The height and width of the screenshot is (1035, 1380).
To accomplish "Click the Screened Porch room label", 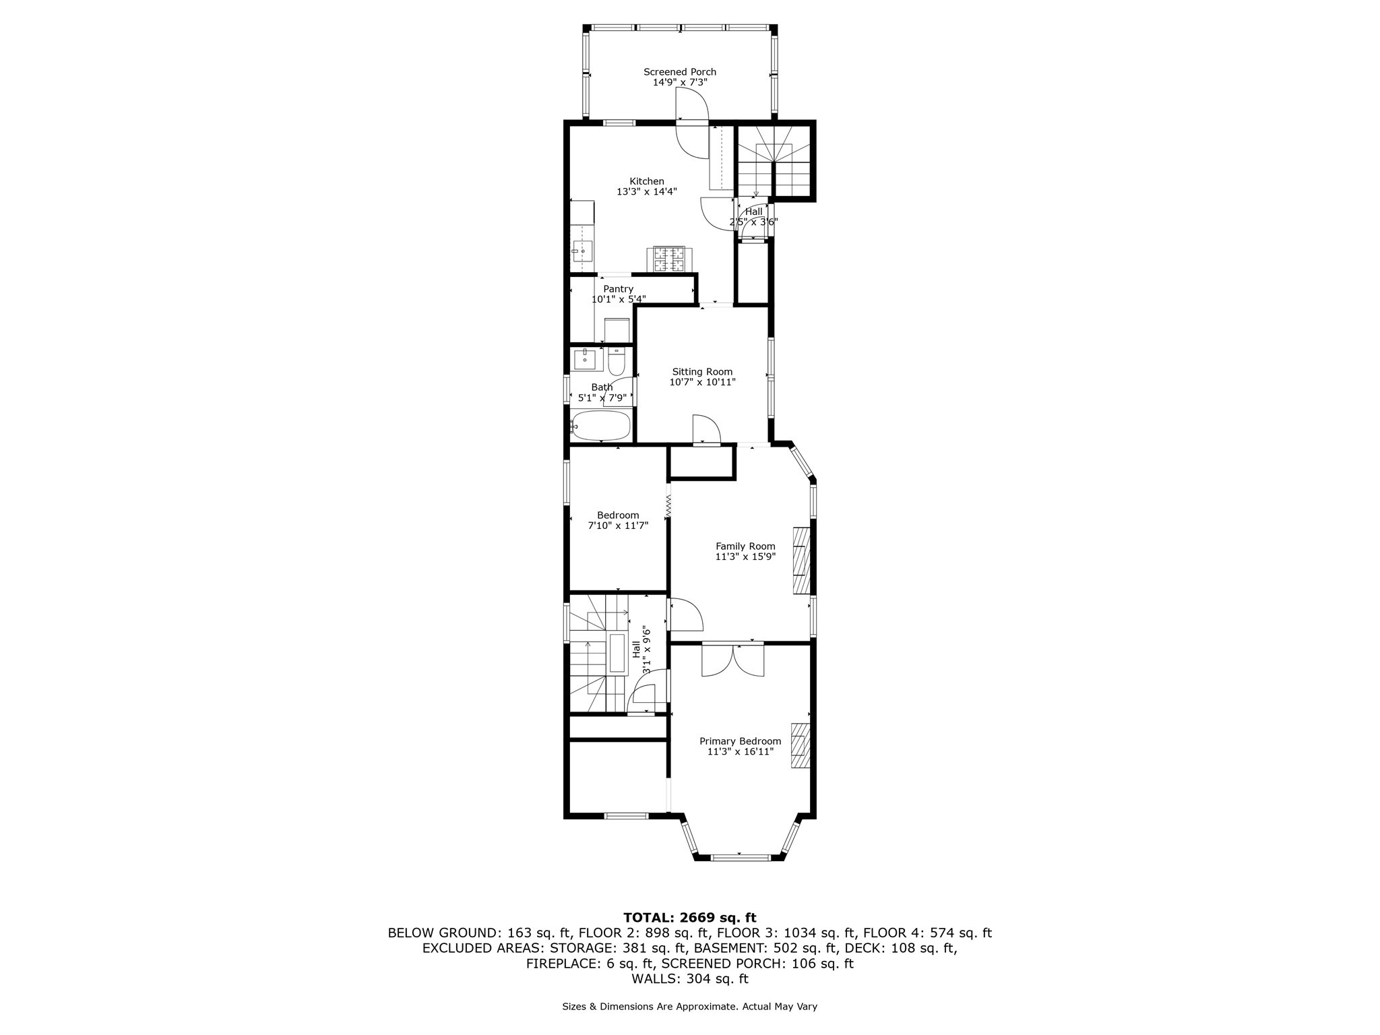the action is click(x=680, y=72).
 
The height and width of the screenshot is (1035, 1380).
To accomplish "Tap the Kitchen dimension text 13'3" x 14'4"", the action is click(x=647, y=192).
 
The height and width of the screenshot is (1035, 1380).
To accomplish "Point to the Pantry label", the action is click(x=618, y=289).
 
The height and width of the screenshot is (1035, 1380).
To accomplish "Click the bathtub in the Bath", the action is click(x=601, y=426).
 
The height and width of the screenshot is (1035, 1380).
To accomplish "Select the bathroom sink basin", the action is click(x=588, y=359).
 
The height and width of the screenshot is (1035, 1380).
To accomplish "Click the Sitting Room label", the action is click(x=702, y=372).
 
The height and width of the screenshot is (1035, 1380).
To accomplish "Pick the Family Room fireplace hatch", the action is click(x=801, y=561).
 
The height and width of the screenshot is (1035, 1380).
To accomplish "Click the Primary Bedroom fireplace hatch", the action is click(x=799, y=745).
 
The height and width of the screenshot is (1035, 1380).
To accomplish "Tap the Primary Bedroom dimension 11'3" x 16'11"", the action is click(x=740, y=752).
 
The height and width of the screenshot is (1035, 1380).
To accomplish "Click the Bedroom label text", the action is click(x=618, y=515).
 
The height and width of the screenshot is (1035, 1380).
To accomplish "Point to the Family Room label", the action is click(x=745, y=546).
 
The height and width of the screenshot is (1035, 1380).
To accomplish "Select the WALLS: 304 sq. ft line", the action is click(x=690, y=979).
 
